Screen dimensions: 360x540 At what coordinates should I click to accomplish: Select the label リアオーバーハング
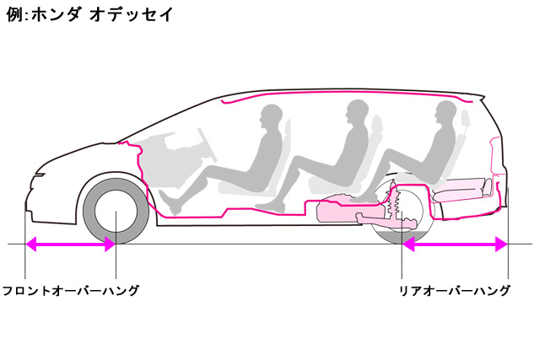455,291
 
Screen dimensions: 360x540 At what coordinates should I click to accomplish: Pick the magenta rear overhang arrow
455,244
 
